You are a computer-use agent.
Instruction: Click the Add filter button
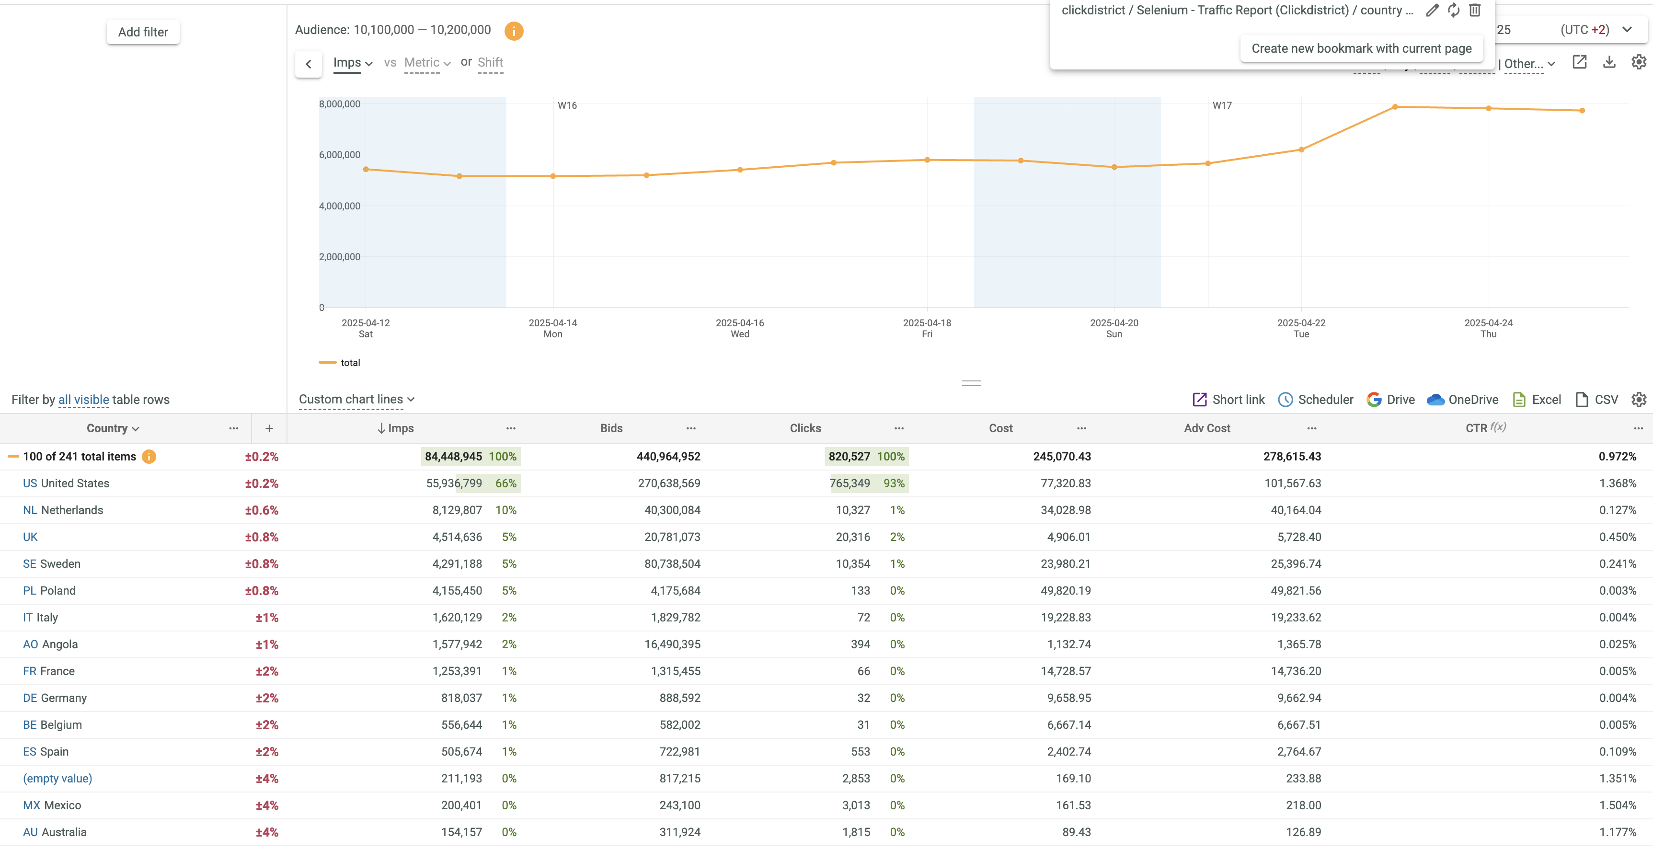(x=142, y=32)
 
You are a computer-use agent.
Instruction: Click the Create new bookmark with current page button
(x=1361, y=49)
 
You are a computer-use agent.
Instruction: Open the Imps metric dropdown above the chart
(x=352, y=63)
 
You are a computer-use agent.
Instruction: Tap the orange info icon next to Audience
(x=513, y=31)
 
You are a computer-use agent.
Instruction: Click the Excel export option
(x=1537, y=400)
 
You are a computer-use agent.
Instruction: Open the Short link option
(x=1228, y=400)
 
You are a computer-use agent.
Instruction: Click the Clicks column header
(x=804, y=428)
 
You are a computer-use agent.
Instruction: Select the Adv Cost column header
(x=1206, y=428)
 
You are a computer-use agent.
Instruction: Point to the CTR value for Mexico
(x=1617, y=805)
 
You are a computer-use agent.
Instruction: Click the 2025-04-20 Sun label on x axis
(x=1114, y=328)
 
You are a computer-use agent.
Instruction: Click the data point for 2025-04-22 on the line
(x=1301, y=150)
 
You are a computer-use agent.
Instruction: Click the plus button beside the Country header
(x=269, y=428)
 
